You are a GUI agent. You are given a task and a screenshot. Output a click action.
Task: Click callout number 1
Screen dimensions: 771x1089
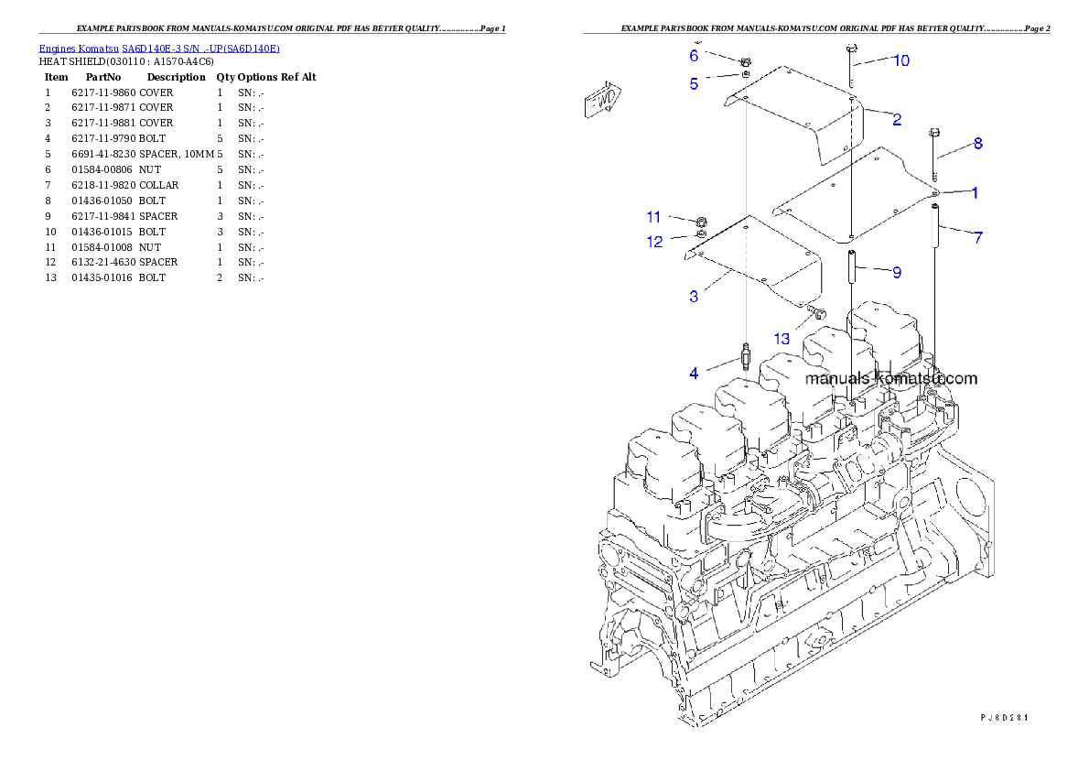(975, 193)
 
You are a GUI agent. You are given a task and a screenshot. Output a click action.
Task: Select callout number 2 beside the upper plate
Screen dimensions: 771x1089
(897, 119)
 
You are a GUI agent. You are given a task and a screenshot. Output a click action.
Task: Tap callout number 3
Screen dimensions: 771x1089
(694, 297)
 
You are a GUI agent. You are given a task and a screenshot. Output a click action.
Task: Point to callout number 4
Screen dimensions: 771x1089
(694, 374)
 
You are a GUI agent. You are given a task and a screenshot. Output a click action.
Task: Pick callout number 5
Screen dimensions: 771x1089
(694, 84)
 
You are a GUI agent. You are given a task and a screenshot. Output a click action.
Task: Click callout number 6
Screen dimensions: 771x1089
(694, 56)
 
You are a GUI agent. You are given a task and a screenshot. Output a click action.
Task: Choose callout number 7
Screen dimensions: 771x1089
(978, 238)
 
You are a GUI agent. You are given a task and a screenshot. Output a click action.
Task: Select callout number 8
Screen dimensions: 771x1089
(977, 144)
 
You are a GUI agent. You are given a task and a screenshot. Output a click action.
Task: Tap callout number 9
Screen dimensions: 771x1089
(897, 272)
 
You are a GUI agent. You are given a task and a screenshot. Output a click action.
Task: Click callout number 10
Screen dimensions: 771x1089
(900, 60)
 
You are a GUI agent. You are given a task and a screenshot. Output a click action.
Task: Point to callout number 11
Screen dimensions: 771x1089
(653, 217)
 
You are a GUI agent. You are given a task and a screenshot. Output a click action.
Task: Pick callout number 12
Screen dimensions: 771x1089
(654, 243)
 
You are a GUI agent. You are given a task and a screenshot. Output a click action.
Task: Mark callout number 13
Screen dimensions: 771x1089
(781, 339)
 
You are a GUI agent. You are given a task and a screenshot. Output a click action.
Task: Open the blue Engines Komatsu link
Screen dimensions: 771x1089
(159, 48)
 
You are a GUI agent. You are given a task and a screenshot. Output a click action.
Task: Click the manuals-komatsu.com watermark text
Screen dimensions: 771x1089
(890, 378)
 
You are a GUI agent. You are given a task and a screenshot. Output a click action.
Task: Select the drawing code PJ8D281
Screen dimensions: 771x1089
(1005, 717)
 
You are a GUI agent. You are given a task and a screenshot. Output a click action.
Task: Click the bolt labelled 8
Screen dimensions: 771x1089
(933, 156)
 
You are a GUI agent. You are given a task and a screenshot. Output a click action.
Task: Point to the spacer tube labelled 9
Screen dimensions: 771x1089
(850, 269)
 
